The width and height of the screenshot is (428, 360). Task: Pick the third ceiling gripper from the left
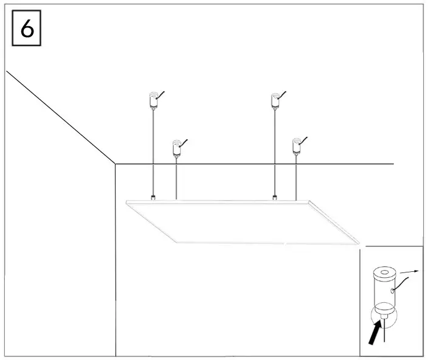275,100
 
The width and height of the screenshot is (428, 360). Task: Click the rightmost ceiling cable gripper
296,146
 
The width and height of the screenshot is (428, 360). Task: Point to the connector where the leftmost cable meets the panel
153,197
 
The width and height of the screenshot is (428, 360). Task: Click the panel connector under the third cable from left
275,197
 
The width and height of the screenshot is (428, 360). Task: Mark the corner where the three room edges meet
116,164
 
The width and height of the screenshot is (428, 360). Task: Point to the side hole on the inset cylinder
393,291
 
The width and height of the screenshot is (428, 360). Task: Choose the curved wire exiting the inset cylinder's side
402,281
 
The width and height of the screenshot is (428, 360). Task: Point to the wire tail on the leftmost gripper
162,94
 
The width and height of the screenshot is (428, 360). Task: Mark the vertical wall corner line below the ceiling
116,261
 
